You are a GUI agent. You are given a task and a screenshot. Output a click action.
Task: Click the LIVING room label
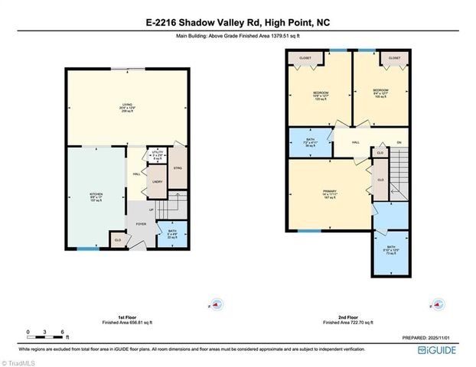(127, 107)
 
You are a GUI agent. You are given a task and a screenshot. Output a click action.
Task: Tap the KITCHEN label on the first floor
(96, 196)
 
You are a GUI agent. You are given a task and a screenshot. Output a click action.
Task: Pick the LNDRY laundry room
(157, 181)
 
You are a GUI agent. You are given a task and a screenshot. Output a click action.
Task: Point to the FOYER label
(141, 223)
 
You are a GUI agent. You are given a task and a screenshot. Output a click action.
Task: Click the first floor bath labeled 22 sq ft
(172, 232)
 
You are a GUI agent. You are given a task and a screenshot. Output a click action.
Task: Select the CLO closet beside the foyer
(117, 240)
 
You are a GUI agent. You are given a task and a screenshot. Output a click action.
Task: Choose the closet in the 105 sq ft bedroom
(394, 57)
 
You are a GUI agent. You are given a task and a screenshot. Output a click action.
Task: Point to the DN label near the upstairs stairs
(399, 142)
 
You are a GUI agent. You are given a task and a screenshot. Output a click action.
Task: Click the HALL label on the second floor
(356, 142)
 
